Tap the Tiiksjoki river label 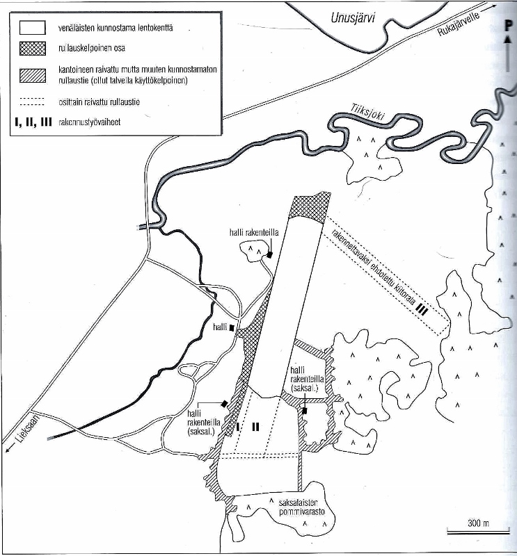[367, 113]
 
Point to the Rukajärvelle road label [459, 24]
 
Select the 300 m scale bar [478, 531]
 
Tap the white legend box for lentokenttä [32, 27]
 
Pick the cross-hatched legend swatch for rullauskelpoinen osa [32, 48]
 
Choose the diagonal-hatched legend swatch [32, 76]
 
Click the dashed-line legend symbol [32, 101]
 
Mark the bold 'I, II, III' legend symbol [33, 122]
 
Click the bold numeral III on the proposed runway [422, 310]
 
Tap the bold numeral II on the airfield [255, 427]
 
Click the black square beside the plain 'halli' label [232, 328]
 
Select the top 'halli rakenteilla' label [254, 233]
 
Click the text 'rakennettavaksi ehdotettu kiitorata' [373, 267]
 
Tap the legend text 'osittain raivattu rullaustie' [99, 102]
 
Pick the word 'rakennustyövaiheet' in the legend [90, 122]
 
